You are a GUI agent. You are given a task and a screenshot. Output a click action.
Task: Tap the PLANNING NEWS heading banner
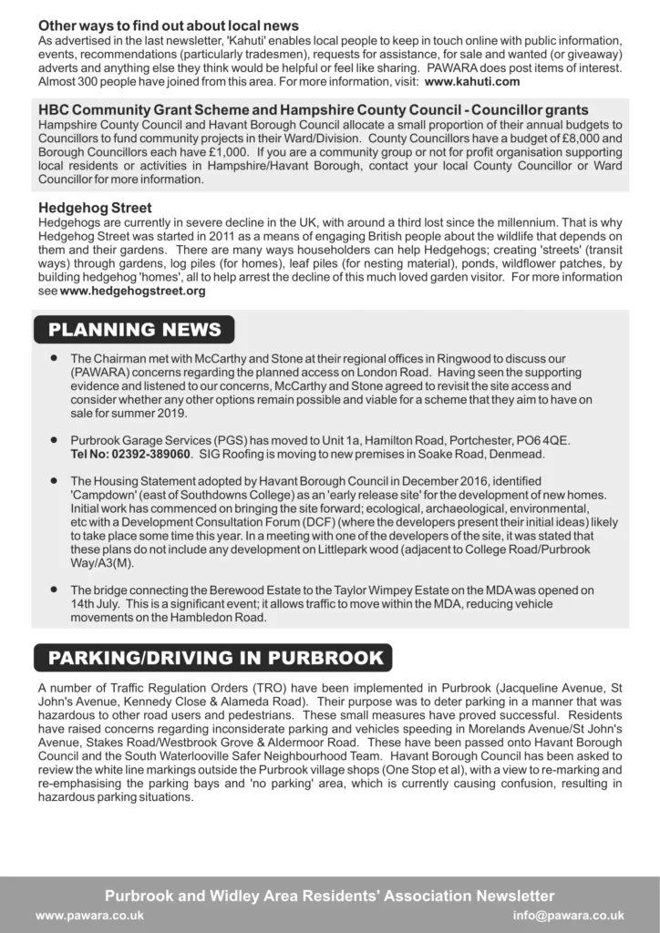[134, 330]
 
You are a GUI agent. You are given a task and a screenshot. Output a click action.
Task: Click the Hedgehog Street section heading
[95, 209]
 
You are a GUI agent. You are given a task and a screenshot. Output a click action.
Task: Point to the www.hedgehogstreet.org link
[132, 292]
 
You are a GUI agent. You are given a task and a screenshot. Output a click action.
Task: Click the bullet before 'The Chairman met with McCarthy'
[56, 358]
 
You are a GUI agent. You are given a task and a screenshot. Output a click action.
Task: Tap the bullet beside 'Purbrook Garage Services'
[56, 439]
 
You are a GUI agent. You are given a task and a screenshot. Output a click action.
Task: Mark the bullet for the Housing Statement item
[56, 480]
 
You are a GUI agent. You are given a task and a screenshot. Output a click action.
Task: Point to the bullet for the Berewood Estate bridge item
[56, 589]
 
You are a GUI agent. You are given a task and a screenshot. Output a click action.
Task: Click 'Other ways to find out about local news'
[169, 26]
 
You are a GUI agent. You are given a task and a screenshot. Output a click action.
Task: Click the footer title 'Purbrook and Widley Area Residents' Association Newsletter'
[329, 896]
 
